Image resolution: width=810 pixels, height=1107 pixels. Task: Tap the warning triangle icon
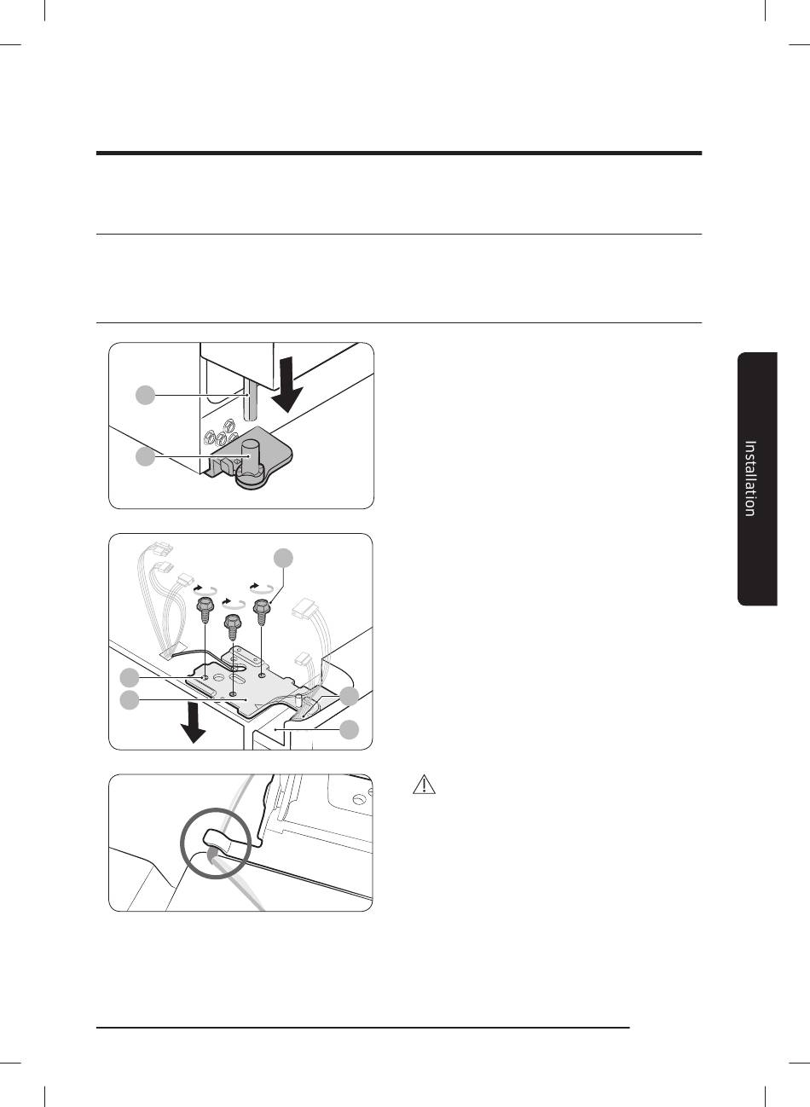pos(424,785)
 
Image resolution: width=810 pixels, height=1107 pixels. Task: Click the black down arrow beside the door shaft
pos(286,385)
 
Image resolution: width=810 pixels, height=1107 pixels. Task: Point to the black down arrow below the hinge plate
pos(193,723)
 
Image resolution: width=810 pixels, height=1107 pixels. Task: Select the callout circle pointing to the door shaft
pos(145,395)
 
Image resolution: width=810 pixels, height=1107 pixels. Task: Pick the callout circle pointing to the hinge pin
pos(145,457)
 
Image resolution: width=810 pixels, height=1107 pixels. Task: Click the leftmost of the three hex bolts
pos(205,611)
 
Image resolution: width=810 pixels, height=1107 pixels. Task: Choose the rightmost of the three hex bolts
pos(262,612)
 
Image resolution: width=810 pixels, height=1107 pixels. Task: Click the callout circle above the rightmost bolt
pos(284,558)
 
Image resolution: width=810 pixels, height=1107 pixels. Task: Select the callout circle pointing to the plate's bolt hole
pos(130,677)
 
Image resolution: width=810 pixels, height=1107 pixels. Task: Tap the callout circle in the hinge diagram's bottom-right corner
pos(350,729)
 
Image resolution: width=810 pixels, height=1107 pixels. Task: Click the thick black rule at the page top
pos(399,154)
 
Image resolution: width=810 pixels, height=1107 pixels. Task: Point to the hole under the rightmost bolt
pos(262,674)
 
